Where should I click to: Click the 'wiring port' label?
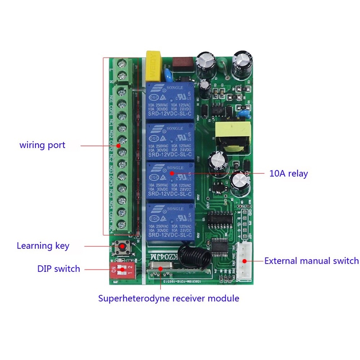click(x=42, y=145)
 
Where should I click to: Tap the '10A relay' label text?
click(x=288, y=173)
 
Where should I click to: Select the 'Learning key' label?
click(x=43, y=246)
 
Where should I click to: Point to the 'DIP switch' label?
click(x=58, y=269)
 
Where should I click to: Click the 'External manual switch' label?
click(x=311, y=261)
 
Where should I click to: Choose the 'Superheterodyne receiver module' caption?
click(x=169, y=298)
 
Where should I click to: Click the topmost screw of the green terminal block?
click(x=121, y=64)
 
